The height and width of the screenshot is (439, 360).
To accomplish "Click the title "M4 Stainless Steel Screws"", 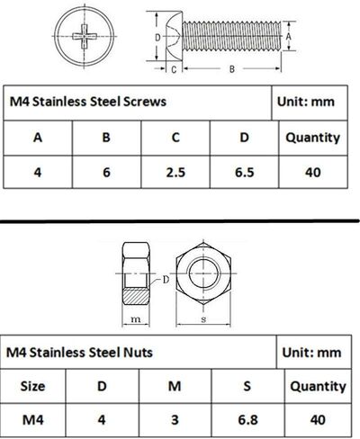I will [x=87, y=102].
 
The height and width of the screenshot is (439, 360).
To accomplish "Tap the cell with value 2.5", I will [x=175, y=171].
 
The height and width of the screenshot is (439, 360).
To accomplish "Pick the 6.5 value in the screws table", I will [x=243, y=171].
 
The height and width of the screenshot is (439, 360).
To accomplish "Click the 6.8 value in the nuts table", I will [x=247, y=420].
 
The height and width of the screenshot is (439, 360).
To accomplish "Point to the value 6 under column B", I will [x=106, y=171].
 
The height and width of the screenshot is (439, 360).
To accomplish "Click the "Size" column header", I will [x=35, y=386].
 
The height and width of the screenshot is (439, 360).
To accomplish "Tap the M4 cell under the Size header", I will [x=35, y=420].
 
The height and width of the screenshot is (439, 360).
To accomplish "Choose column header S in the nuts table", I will [x=247, y=386].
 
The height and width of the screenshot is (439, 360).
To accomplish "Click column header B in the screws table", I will [x=106, y=138].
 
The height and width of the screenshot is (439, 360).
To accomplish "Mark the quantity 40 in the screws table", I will [x=312, y=171].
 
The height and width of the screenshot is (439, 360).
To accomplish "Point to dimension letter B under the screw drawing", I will [x=232, y=67].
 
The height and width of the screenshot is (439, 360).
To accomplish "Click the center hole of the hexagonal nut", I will [x=205, y=273].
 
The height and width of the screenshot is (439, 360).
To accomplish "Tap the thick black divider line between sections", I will [x=180, y=219].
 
